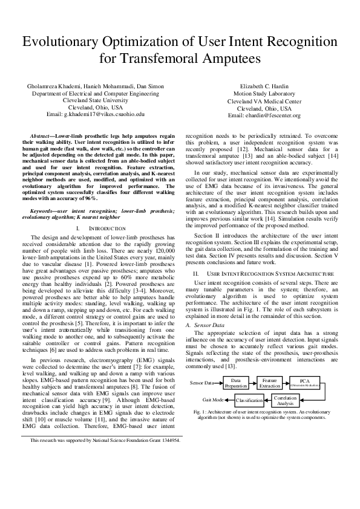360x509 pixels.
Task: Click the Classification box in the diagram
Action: coord(248,401)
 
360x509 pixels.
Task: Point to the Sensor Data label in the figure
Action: coord(202,383)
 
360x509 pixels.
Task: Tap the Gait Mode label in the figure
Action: coord(213,400)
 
